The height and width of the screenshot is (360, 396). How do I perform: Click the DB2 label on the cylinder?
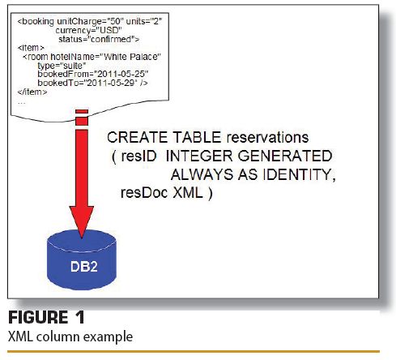84,267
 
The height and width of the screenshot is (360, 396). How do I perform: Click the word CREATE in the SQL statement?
138,137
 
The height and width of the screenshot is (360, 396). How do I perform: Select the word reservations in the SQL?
267,137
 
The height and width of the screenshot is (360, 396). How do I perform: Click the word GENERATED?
285,156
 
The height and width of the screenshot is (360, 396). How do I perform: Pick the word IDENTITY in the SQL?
300,174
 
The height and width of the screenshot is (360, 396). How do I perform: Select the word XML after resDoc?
188,193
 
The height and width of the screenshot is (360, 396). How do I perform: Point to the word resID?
138,156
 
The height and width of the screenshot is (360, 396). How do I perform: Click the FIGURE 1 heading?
46,317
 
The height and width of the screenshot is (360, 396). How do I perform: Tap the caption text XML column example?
70,336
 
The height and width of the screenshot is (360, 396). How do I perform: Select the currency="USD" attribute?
89,30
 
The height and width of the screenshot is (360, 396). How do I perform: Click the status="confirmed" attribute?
99,39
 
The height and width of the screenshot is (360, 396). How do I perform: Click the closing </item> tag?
32,92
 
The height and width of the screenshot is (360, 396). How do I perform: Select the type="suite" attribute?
62,66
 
